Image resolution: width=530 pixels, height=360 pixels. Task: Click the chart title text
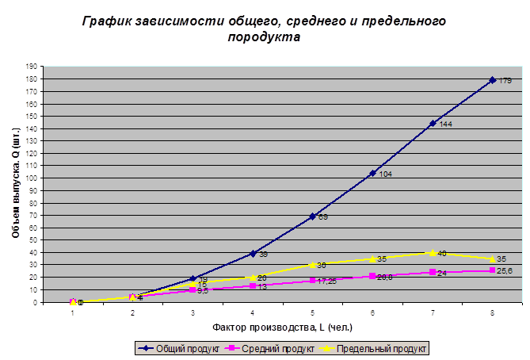265,29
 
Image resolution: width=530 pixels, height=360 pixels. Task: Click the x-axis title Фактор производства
282,327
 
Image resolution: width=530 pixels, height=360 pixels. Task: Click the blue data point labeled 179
492,80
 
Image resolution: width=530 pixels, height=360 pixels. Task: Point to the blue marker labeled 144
433,123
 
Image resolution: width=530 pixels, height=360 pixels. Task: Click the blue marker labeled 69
312,216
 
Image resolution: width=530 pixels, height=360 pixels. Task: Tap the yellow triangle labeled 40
433,252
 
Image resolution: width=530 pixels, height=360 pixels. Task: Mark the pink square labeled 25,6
492,270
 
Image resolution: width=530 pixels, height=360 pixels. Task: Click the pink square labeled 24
433,272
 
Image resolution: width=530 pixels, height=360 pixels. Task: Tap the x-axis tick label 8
492,313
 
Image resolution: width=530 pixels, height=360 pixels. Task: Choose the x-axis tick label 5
312,313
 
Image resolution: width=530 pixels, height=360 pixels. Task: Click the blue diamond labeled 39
253,254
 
